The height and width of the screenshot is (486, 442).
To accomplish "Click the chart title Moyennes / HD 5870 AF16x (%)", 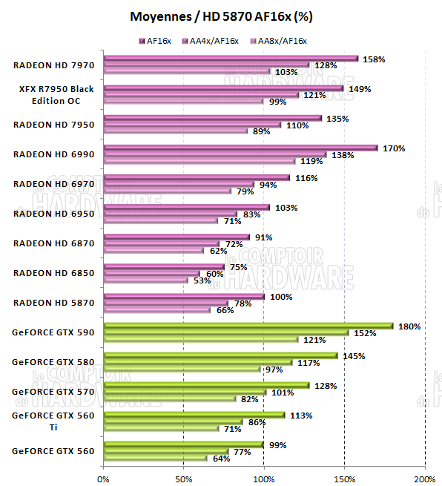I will (221, 16).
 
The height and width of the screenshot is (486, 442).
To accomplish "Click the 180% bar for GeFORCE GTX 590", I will (248, 325).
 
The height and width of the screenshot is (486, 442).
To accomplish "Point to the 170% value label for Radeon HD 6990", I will (393, 148).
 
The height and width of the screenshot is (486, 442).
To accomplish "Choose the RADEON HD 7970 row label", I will (53, 65).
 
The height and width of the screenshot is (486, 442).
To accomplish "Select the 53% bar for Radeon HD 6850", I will (146, 280).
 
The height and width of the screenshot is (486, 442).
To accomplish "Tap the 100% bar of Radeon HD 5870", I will (184, 297).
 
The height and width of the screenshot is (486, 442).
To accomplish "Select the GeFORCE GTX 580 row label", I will (53, 361).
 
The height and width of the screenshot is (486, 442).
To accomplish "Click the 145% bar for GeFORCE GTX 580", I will (220, 355).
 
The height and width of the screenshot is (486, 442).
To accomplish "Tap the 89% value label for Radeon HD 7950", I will (261, 131).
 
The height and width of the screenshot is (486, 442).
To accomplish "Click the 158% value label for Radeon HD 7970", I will (374, 59).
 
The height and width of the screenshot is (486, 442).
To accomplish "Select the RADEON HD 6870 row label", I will (53, 243).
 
